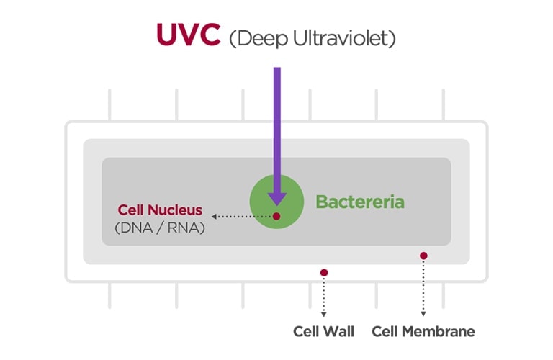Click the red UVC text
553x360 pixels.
188,35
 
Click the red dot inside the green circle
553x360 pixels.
276,216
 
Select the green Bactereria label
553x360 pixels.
359,202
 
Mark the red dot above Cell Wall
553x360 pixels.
324,273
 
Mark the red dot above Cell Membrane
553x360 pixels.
423,256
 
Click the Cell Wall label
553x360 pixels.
323,332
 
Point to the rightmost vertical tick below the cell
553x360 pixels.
443,295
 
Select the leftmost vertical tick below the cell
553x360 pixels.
109,295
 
